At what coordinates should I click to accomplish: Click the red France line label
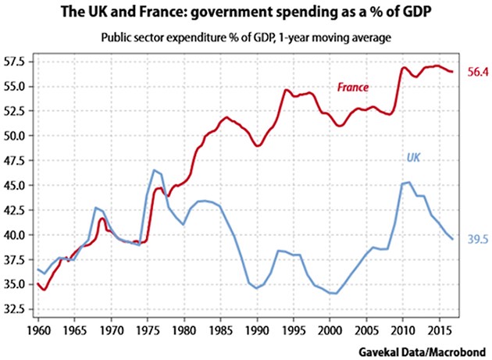point(352,87)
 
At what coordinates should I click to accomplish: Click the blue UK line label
point(413,157)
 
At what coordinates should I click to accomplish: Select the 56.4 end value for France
point(467,72)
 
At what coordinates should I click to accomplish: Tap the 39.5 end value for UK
point(467,239)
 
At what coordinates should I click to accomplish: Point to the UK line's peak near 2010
point(408,183)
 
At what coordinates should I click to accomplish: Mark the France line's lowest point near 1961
point(45,290)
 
